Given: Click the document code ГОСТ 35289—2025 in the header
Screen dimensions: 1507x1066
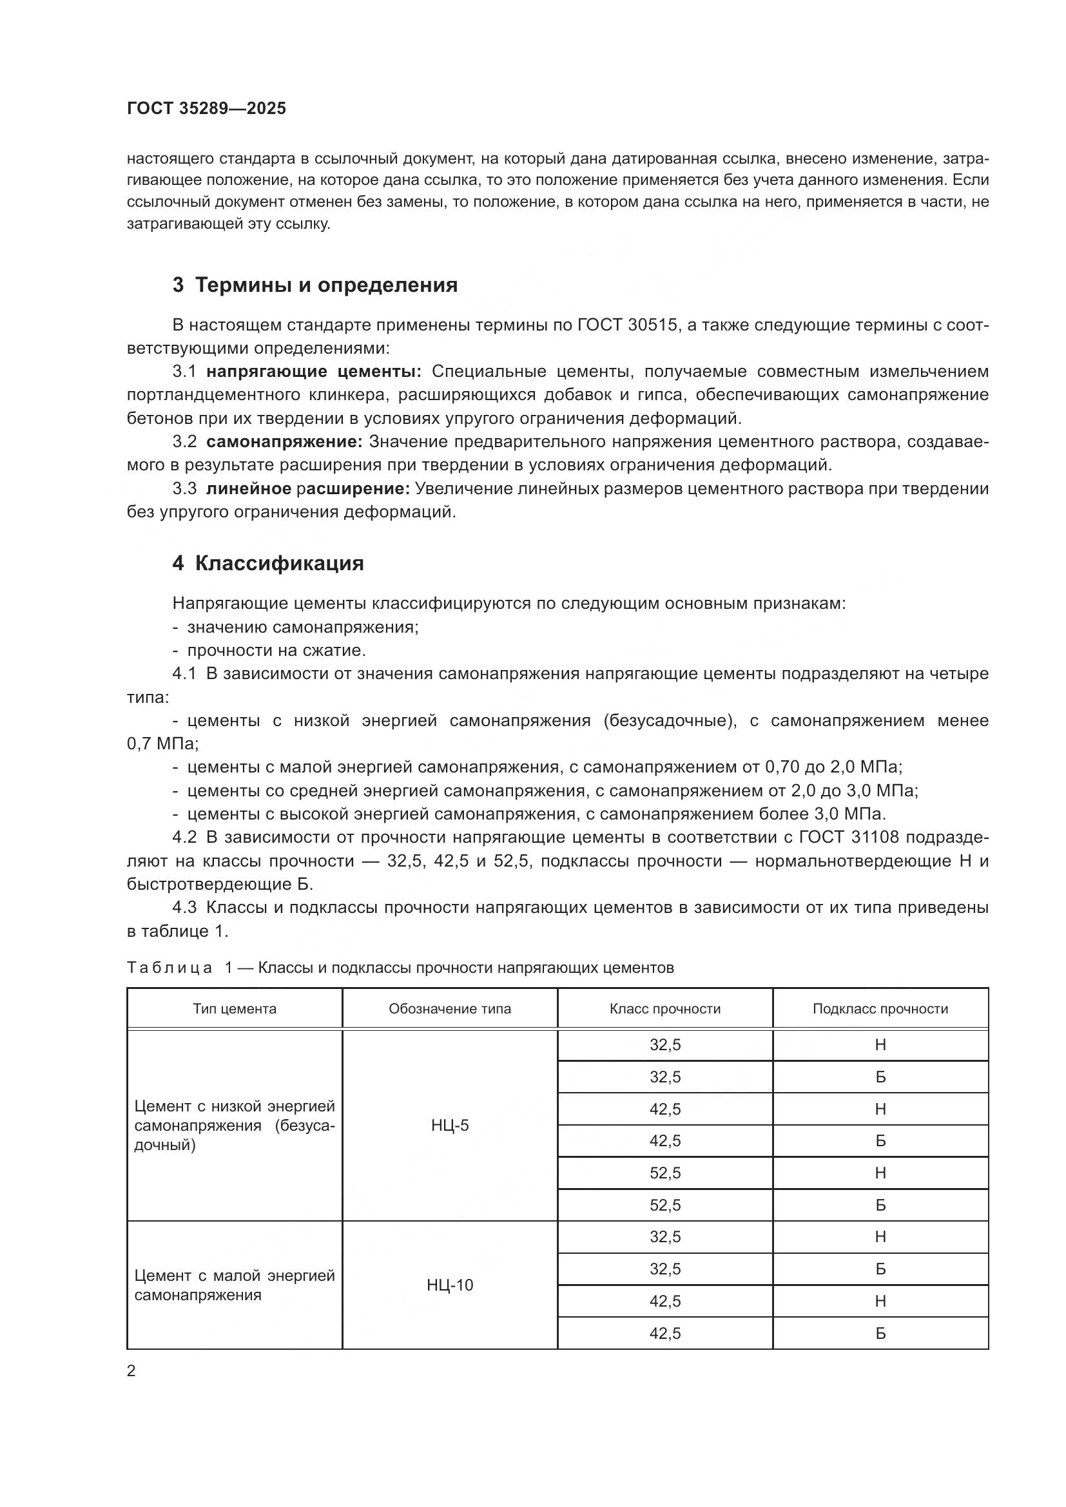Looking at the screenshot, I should (x=206, y=109).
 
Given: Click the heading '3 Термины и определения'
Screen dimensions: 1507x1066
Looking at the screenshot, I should (x=315, y=285).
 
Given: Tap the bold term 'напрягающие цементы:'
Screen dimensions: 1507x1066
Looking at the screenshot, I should (x=314, y=372).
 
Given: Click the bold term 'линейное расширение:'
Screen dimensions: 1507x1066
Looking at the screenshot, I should (x=308, y=488).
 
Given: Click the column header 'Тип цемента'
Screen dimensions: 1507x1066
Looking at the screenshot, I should (x=235, y=1009).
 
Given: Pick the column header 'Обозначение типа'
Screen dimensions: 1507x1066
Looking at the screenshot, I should (x=450, y=1009).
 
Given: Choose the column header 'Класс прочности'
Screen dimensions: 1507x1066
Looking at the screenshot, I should (x=665, y=1009).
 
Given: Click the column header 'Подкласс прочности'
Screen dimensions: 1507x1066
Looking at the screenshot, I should (x=880, y=1009).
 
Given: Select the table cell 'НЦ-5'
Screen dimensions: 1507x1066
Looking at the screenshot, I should (x=450, y=1126).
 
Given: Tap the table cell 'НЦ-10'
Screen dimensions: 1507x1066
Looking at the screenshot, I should (x=450, y=1285).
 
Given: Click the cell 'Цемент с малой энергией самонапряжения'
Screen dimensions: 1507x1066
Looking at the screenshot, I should (x=235, y=1285).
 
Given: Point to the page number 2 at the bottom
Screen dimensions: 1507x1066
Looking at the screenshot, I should (x=131, y=1370).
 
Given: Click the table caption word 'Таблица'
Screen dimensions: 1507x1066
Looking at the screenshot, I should (x=170, y=968).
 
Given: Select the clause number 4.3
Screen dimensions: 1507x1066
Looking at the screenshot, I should (x=184, y=907).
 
